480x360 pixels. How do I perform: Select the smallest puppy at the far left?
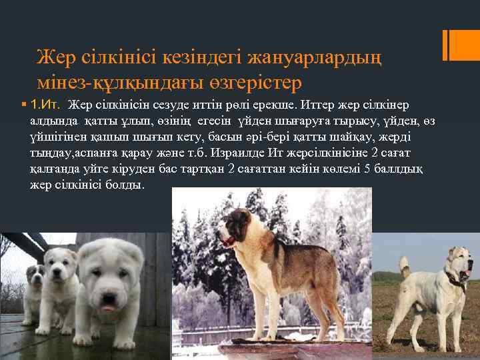click(33, 293)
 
